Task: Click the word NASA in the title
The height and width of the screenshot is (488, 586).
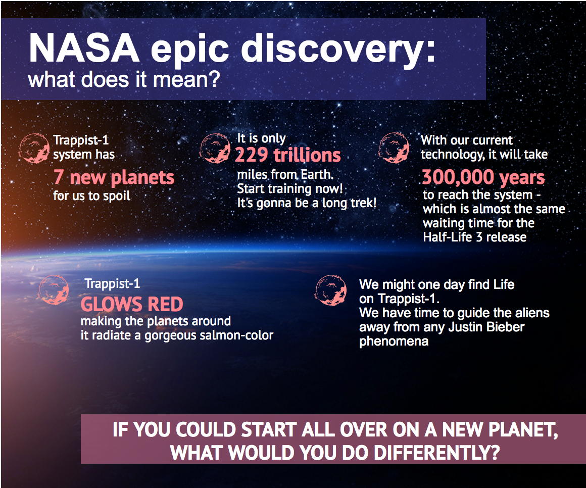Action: point(84,48)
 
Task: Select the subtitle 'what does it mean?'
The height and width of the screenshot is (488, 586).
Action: point(124,80)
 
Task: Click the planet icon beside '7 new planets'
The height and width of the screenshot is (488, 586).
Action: point(34,149)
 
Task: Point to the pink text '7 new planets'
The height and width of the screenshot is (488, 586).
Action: point(114,177)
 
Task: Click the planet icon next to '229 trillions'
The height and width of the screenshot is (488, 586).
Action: point(215,148)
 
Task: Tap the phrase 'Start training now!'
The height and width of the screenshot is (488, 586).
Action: point(290,189)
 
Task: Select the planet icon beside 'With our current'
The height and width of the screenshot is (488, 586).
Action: point(394,148)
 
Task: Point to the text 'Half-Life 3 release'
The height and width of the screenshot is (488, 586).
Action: point(475,237)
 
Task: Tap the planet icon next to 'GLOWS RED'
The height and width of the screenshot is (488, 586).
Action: point(54,289)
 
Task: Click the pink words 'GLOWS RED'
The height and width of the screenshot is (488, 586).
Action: point(132,304)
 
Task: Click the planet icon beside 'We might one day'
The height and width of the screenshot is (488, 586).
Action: point(331,290)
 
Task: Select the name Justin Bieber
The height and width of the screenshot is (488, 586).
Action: point(486,327)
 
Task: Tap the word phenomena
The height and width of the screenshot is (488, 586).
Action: point(394,341)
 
